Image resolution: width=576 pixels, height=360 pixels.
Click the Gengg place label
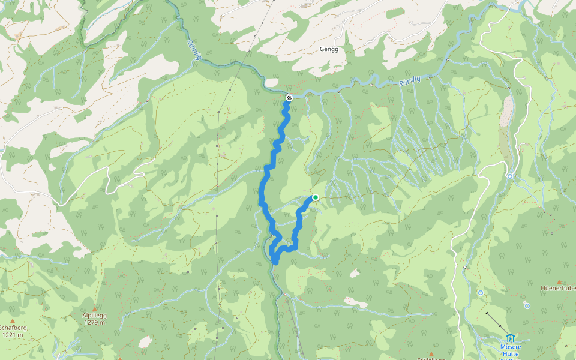(329, 49)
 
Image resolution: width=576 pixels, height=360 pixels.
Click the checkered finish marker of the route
(289, 97)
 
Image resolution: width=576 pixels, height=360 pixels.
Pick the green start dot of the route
(316, 197)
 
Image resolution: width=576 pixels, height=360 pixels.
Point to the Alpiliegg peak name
(94, 315)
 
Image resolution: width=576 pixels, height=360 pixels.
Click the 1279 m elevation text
(94, 322)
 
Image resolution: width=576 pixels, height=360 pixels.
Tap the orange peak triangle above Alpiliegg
(94, 307)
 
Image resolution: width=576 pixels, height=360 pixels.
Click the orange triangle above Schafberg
(12, 320)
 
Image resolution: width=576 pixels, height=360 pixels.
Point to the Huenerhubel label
(558, 288)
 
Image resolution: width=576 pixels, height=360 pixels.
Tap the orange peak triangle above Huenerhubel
(559, 281)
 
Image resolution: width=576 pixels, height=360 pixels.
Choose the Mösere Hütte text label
(510, 350)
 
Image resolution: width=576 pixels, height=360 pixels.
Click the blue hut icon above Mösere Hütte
(510, 338)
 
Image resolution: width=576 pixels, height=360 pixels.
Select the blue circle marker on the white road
(509, 176)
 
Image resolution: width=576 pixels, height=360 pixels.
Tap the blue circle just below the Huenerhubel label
(527, 306)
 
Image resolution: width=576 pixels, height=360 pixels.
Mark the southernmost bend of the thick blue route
(275, 261)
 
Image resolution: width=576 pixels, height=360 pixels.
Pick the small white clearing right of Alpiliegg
(145, 342)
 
